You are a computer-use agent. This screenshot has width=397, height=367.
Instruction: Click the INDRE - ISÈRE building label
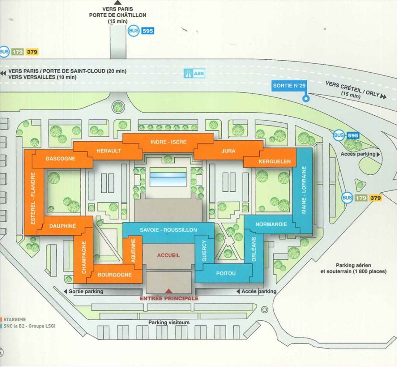point(168,142)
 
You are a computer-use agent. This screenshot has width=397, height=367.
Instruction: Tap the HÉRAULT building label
point(109,151)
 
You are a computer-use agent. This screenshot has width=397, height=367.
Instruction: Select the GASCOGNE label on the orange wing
point(60,159)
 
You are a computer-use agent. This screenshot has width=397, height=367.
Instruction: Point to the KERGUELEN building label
point(275,161)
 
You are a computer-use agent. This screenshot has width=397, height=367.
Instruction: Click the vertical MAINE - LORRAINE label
point(304,191)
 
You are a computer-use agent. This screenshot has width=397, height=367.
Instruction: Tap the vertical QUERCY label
point(204,251)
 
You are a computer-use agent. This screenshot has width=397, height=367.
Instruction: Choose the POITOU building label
point(226,273)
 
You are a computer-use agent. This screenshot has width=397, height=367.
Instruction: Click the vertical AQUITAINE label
point(133,251)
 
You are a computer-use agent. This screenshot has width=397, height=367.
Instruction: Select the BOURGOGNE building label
point(115,275)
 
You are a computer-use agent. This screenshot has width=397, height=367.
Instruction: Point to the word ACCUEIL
point(168,255)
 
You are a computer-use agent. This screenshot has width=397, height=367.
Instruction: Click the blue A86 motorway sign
point(195,74)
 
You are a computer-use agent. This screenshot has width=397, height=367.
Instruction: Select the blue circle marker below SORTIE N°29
point(306,99)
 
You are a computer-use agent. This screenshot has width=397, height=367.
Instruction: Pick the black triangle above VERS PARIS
point(118,3)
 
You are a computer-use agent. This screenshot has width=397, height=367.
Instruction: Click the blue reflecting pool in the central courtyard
point(168,177)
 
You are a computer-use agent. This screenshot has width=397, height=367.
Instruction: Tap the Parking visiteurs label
point(169,323)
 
